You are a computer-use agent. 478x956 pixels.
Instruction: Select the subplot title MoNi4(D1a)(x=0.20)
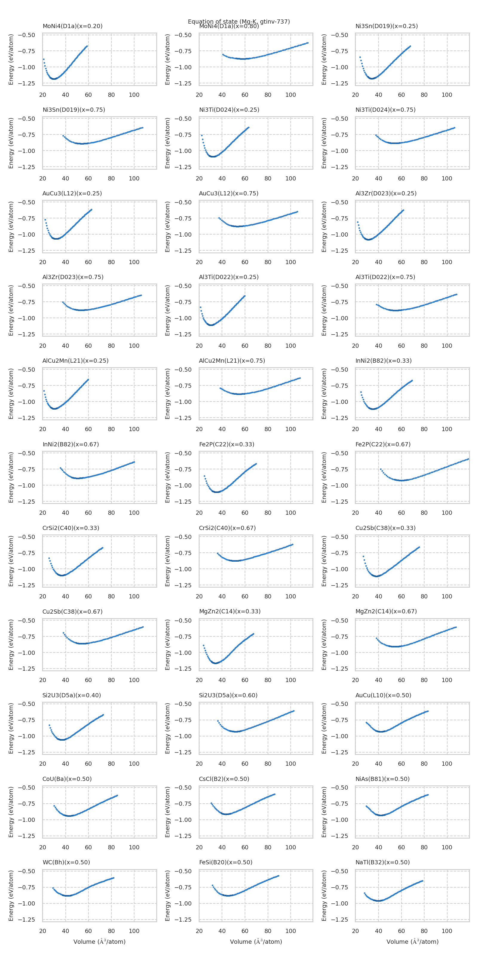pyautogui.click(x=72, y=26)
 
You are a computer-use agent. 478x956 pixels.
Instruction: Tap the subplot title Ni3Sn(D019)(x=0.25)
pyautogui.click(x=386, y=26)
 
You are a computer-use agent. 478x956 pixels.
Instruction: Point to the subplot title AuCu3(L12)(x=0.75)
pyautogui.click(x=229, y=193)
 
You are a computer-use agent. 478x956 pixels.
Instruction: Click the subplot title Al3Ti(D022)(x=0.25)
pyautogui.click(x=229, y=277)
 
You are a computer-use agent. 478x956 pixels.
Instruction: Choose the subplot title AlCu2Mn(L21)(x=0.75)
pyautogui.click(x=232, y=361)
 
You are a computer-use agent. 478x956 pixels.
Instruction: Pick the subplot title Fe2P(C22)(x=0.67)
pyautogui.click(x=383, y=444)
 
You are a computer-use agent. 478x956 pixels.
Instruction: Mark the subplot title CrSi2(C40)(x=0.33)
pyautogui.click(x=71, y=528)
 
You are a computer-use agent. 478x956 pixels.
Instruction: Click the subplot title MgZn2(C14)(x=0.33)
pyautogui.click(x=230, y=611)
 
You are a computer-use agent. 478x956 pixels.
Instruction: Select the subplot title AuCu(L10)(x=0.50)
pyautogui.click(x=383, y=695)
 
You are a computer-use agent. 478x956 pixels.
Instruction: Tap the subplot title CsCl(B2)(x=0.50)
pyautogui.click(x=224, y=779)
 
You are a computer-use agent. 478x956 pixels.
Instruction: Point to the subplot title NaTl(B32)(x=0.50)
pyautogui.click(x=383, y=862)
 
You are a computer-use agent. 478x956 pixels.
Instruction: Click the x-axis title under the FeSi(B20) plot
pyautogui.click(x=256, y=942)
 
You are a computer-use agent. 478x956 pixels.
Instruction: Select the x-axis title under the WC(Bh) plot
pyautogui.click(x=99, y=942)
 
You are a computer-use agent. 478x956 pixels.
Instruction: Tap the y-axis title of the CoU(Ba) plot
pyautogui.click(x=11, y=812)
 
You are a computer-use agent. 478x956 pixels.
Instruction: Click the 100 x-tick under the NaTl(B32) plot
pyautogui.click(x=447, y=931)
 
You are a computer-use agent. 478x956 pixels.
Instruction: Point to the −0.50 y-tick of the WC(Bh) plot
pyautogui.click(x=26, y=871)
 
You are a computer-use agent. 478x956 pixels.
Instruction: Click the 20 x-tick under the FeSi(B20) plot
pyautogui.click(x=199, y=931)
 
